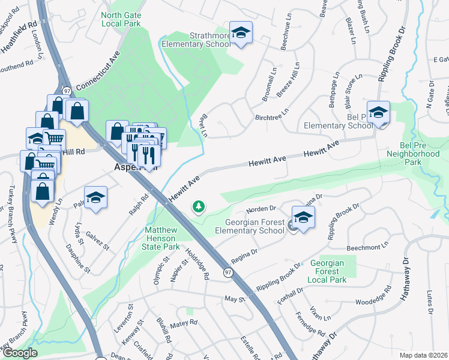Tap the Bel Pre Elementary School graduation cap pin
click(x=378, y=112)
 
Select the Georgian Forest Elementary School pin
click(x=303, y=217)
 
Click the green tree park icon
click(x=198, y=207)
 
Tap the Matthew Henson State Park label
click(x=162, y=238)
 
